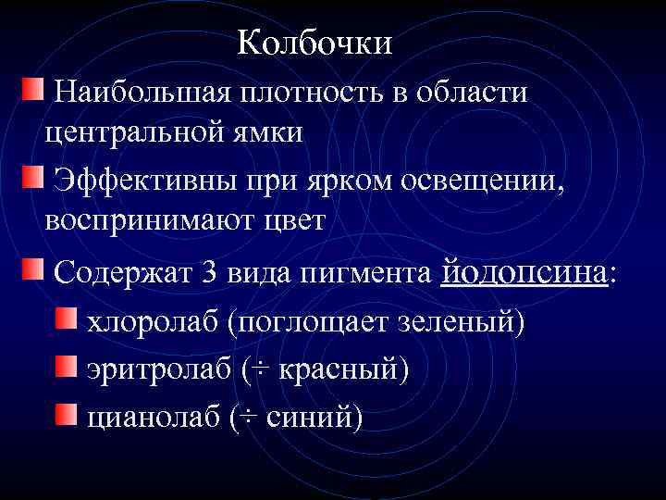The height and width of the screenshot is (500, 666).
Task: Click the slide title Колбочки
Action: (x=314, y=43)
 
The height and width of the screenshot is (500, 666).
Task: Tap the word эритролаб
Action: (x=157, y=369)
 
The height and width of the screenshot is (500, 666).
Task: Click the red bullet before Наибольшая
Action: (x=31, y=91)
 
